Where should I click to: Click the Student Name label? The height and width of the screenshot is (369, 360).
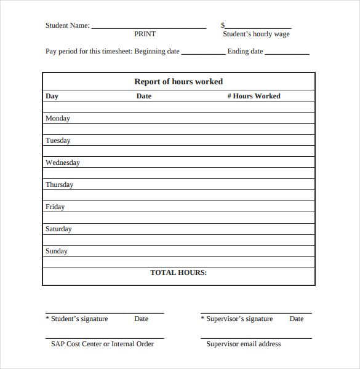67,26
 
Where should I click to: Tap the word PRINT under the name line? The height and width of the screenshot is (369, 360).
145,34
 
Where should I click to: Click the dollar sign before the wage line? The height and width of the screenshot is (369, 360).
223,26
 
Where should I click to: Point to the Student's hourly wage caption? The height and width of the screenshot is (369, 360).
256,34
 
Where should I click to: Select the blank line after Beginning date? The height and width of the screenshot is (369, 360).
203,54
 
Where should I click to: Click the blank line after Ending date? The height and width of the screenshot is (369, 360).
287,54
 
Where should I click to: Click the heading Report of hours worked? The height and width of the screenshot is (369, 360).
178,82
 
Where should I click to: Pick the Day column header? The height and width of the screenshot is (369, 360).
52,97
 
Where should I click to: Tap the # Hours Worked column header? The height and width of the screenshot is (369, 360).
254,97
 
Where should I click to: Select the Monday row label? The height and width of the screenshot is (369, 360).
58,119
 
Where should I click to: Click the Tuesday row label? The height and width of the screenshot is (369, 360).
58,141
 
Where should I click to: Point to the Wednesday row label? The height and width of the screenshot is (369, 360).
62,163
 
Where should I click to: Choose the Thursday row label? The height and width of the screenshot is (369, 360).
59,185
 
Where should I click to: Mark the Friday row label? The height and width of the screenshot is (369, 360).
55,207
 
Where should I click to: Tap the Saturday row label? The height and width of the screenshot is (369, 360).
58,229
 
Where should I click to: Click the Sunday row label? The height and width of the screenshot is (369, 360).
57,252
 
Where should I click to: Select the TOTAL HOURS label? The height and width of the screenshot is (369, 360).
178,272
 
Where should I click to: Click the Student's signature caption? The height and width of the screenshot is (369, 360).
79,319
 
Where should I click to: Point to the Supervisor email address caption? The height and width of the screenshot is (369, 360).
243,344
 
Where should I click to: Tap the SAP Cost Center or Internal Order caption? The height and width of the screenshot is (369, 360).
102,344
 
